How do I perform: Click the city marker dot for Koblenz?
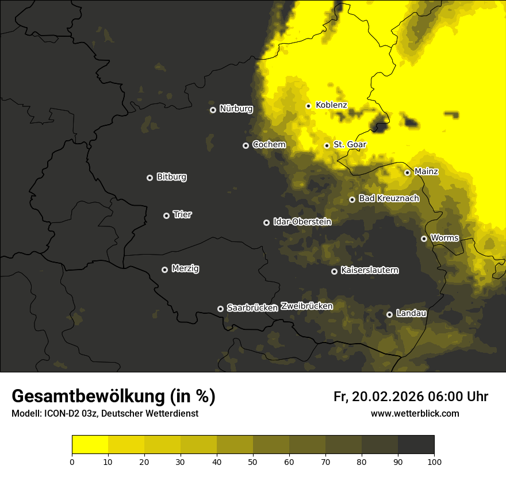pyautogui.click(x=308, y=106)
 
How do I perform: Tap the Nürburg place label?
pyautogui.click(x=236, y=109)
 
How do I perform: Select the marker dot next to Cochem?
pyautogui.click(x=246, y=145)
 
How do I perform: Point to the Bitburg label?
pyautogui.click(x=171, y=177)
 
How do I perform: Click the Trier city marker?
pyautogui.click(x=166, y=216)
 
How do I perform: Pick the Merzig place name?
pyautogui.click(x=185, y=268)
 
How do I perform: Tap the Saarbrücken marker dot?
pyautogui.click(x=220, y=309)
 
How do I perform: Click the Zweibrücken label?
pyautogui.click(x=306, y=306)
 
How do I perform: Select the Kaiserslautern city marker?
pyautogui.click(x=334, y=271)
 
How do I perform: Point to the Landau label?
pyautogui.click(x=411, y=313)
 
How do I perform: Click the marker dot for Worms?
pyautogui.click(x=424, y=238)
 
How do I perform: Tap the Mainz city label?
pyautogui.click(x=426, y=172)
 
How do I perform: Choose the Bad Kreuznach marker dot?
pyautogui.click(x=352, y=199)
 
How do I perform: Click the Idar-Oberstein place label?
pyautogui.click(x=302, y=222)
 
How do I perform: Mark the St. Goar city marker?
pyautogui.click(x=327, y=145)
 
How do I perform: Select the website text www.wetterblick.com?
pyautogui.click(x=415, y=414)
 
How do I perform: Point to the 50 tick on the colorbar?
pyautogui.click(x=253, y=461)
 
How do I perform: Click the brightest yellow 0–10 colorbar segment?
pyautogui.click(x=90, y=444)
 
